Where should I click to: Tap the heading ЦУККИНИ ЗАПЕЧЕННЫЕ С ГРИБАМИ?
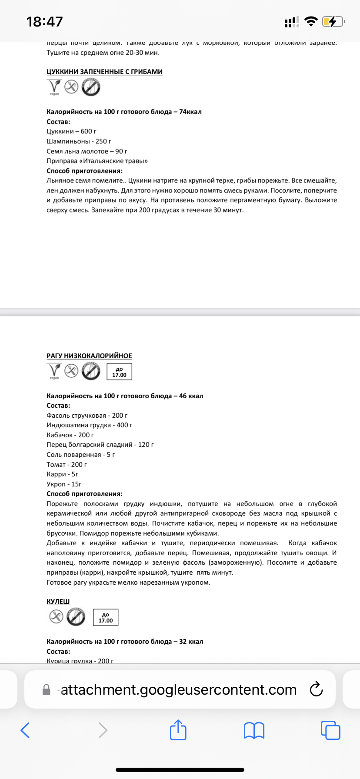coord(104,72)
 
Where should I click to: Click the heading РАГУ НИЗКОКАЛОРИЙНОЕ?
coord(89,356)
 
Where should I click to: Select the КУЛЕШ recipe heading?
coord(58,602)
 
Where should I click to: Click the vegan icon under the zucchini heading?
coord(54,87)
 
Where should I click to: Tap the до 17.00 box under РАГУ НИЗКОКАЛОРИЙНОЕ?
coord(119,372)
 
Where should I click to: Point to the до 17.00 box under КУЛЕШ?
coord(106,617)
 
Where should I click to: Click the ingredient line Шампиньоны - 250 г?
coord(79,141)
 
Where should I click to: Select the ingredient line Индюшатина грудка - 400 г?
coord(89,425)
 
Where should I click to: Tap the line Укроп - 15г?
coord(64,484)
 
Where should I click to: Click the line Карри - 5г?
coord(62,474)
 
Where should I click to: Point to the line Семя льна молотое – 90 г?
coord(87,151)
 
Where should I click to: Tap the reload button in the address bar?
coord(316,689)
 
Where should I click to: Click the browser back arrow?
coord(25,730)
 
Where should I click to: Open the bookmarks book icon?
coord(254,730)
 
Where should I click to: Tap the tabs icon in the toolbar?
coord(330,730)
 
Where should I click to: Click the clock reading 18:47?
coord(44,21)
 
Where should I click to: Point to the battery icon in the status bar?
coord(333,21)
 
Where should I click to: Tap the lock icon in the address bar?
coord(46,690)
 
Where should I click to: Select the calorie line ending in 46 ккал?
coord(125,396)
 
